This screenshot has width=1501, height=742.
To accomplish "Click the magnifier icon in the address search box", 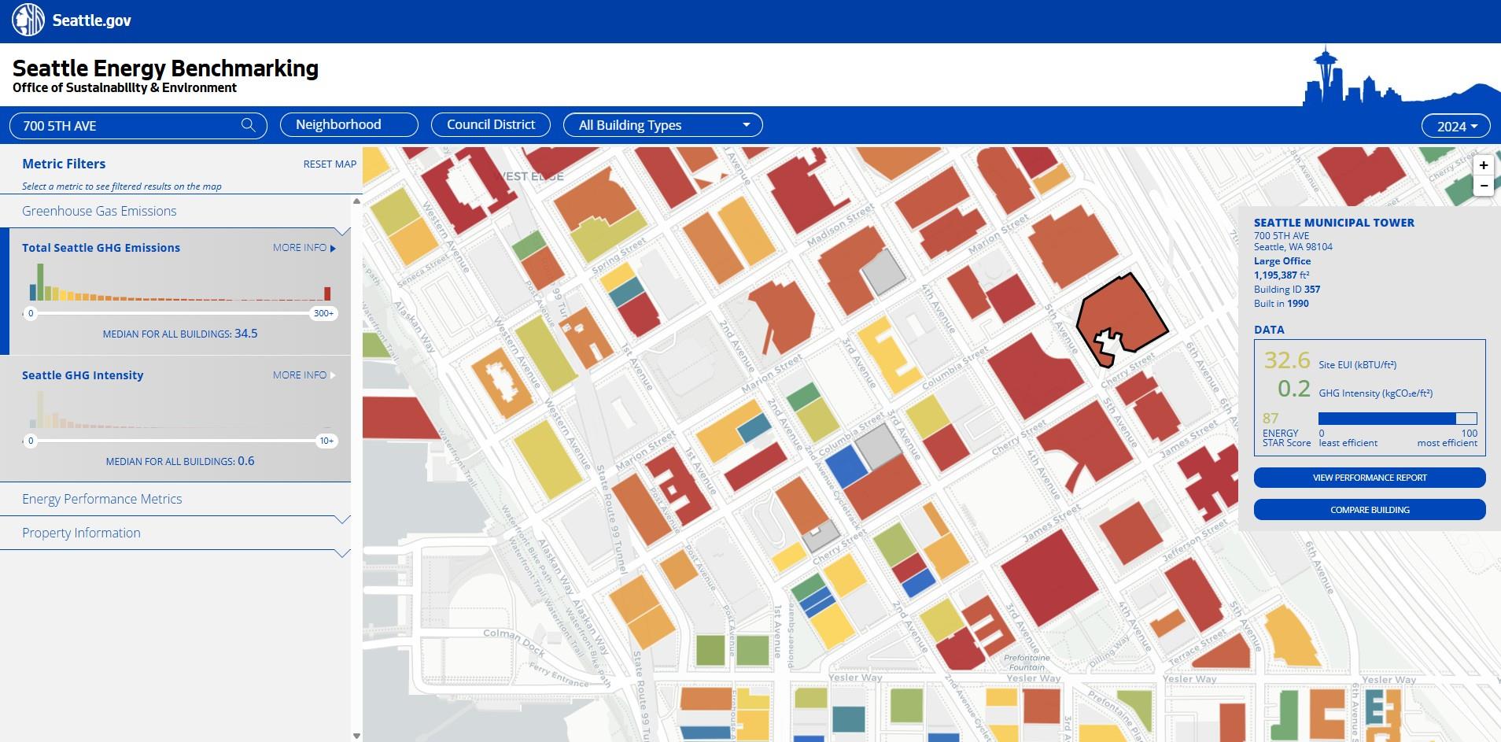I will (248, 125).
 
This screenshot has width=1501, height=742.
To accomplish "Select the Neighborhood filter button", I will (349, 125).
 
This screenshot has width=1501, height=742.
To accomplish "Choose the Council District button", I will (491, 125).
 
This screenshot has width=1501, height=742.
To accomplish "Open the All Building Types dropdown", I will (662, 125).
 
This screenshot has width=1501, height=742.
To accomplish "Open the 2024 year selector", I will (1456, 126).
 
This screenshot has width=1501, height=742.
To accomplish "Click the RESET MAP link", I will (330, 164).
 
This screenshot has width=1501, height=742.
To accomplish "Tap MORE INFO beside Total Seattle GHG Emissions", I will (304, 248).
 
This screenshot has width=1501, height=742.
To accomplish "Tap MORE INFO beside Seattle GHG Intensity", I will (304, 375).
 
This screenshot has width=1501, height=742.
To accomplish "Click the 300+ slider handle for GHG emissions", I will (324, 313).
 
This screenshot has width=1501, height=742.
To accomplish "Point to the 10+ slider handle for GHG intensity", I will (326, 441).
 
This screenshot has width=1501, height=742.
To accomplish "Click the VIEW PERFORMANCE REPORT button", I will (1369, 478).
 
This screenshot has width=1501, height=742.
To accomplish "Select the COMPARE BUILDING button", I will (1369, 510).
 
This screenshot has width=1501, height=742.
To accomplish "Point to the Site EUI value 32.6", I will (1287, 361).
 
